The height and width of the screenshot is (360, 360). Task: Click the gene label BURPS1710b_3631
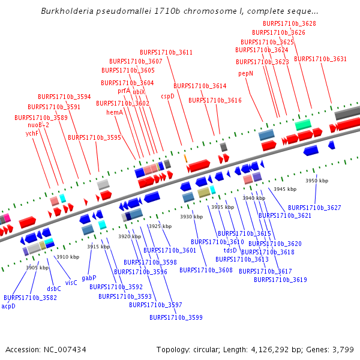click(x=320, y=59)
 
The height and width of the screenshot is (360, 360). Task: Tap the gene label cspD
click(x=167, y=95)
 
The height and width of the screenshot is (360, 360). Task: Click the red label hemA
click(x=115, y=112)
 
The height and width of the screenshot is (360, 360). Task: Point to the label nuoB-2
click(x=38, y=125)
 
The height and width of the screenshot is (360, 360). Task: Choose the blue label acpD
click(x=8, y=306)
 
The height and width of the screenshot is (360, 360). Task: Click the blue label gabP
click(x=89, y=278)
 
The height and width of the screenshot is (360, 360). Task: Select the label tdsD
click(x=230, y=250)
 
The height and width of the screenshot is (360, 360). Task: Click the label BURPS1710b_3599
click(x=176, y=317)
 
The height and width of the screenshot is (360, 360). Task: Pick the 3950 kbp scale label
click(x=317, y=181)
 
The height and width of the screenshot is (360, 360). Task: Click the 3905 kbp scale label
click(x=37, y=268)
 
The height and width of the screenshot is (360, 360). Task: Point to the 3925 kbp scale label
click(x=160, y=226)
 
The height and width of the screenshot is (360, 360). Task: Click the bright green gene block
click(x=303, y=124)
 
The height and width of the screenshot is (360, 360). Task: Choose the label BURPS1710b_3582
click(x=30, y=298)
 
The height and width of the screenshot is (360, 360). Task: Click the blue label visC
click(x=71, y=283)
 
